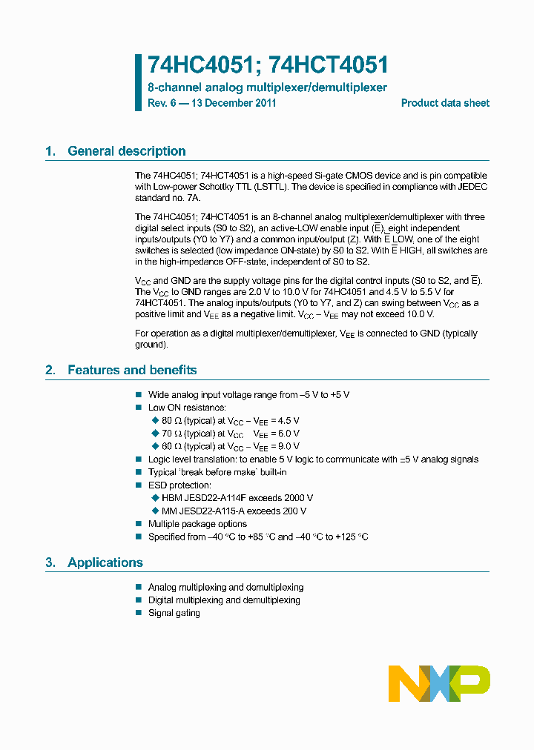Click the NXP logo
439,683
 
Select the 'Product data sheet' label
445,103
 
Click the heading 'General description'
126,151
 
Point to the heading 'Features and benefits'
132,370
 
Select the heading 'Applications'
105,562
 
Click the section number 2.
50,370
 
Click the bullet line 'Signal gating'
174,613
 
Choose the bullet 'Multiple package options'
197,524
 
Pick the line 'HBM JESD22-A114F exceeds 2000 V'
237,498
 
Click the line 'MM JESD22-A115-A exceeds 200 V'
234,511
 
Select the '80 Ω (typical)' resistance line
230,420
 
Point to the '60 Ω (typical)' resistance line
230,446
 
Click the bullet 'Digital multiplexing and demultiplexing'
224,600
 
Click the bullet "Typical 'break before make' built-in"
217,472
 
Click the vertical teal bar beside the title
138,82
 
